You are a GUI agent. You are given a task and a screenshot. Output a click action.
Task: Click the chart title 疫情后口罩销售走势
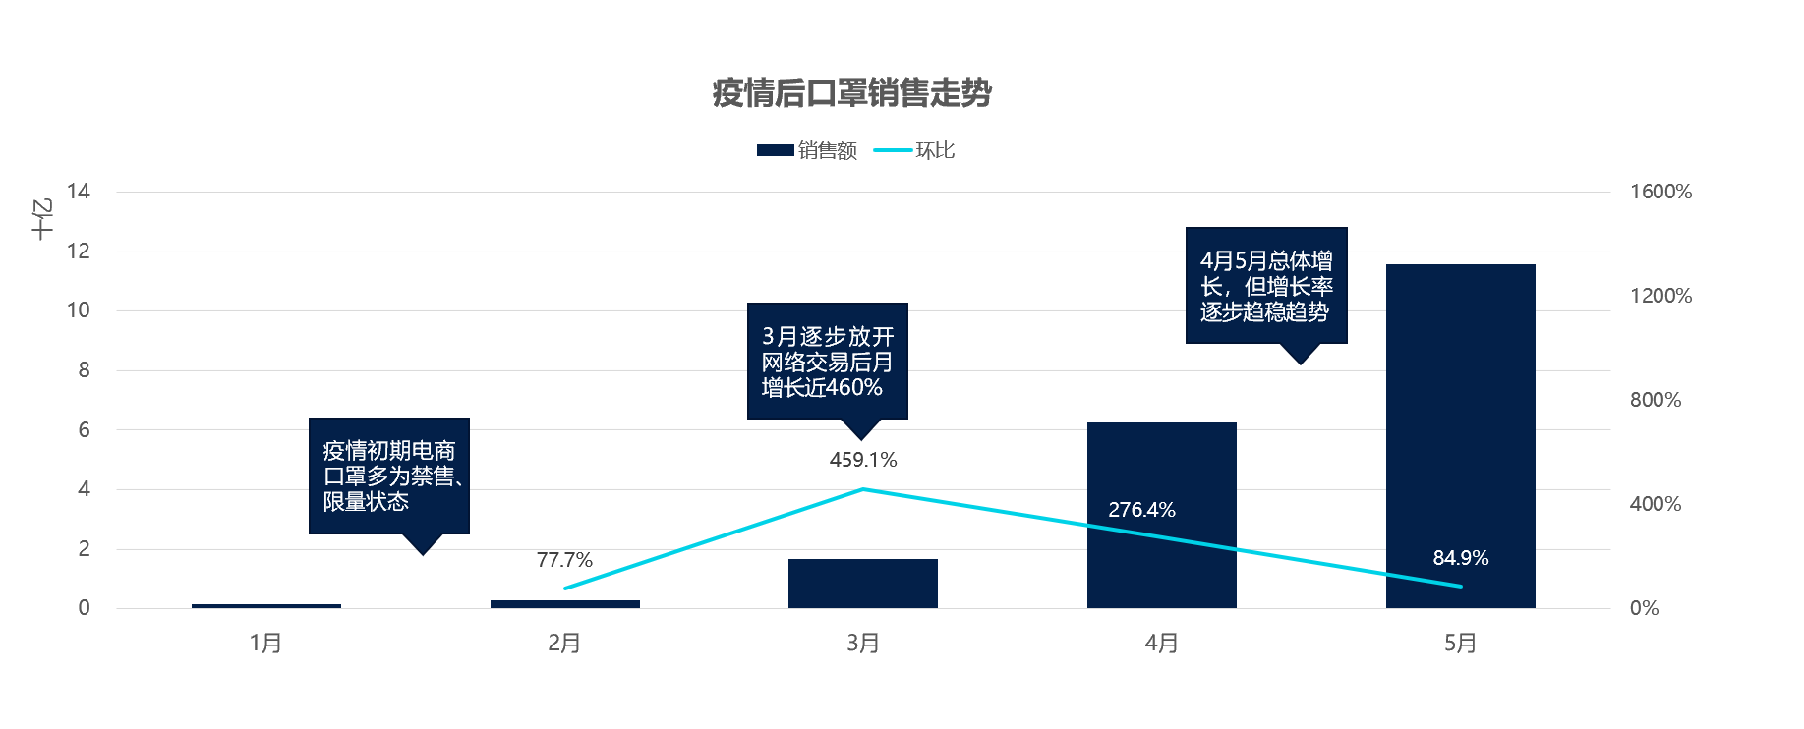851,93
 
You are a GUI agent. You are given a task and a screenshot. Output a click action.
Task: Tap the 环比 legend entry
915,150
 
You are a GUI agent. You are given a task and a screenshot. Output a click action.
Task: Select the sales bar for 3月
862,584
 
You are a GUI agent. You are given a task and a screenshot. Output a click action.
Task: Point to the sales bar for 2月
564,603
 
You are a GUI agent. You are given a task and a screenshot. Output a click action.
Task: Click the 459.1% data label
862,460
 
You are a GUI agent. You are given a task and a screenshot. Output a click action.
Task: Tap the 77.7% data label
564,560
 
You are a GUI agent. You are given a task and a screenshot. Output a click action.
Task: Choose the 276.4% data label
1141,510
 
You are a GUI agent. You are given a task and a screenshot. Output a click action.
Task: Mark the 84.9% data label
1460,558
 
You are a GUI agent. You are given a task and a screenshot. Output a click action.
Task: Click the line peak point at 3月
862,489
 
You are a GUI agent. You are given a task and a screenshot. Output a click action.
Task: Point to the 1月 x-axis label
265,644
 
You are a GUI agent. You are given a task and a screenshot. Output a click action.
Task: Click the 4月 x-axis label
1161,644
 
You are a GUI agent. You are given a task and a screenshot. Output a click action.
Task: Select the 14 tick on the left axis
79,192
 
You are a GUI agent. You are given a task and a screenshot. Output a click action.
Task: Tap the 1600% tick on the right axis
1660,192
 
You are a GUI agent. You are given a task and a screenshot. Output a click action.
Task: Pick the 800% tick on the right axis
1656,400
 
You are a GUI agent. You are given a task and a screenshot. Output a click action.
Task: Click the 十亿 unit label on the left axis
41,219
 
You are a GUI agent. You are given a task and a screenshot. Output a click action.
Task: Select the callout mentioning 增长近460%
827,362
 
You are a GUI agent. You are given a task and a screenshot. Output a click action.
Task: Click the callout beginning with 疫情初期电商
389,477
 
